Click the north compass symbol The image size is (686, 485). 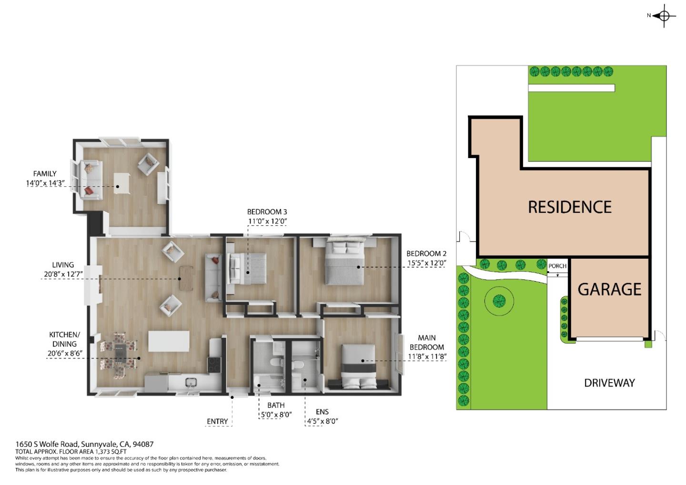[x=664, y=16]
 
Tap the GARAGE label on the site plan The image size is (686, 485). [x=609, y=289]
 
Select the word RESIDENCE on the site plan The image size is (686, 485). [x=569, y=207]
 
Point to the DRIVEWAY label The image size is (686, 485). [x=609, y=383]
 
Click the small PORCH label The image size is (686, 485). [x=557, y=266]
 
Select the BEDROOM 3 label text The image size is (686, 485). [x=267, y=212]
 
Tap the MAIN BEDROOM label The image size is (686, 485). [x=426, y=343]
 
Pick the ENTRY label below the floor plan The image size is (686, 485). [x=217, y=421]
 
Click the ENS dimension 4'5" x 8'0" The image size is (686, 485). [x=322, y=421]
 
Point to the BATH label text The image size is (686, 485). [x=276, y=405]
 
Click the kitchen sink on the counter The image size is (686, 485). [x=191, y=382]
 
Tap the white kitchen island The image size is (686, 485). [x=169, y=341]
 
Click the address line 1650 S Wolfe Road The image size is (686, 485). [x=84, y=444]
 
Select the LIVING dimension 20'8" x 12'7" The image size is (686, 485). [x=63, y=274]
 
